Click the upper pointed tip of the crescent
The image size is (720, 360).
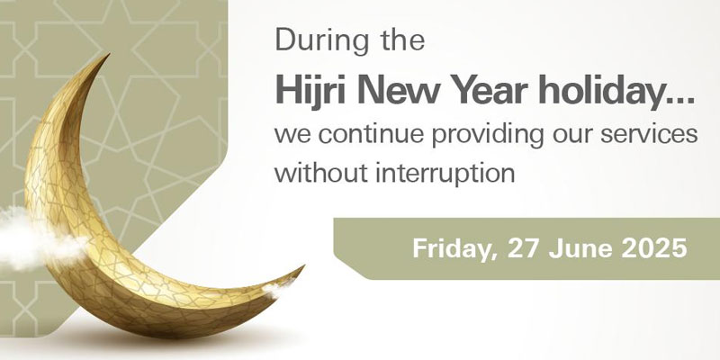coord(108,55)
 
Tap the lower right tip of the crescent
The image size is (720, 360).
coord(303,266)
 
